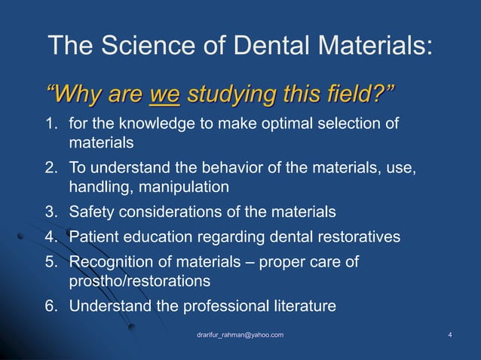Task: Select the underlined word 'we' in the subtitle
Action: (164, 96)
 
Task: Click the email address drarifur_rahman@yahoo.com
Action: (240, 334)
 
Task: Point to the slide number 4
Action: (449, 334)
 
